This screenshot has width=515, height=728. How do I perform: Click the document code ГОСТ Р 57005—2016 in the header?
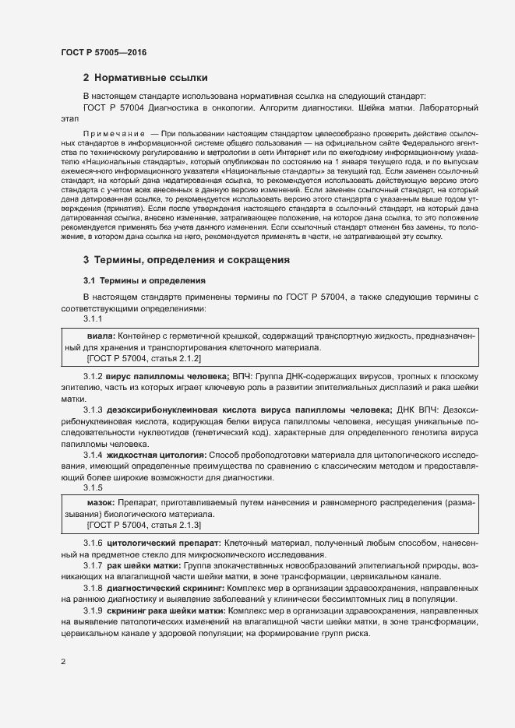(103, 52)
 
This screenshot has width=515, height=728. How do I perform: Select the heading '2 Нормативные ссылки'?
(146, 78)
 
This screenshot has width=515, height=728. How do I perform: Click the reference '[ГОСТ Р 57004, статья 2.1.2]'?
(144, 358)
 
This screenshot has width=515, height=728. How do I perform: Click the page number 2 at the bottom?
(63, 663)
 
